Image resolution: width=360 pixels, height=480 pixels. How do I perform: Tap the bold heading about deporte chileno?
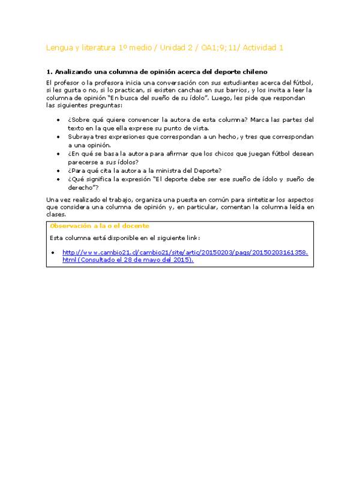point(160,71)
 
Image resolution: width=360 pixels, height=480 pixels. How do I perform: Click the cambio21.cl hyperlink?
point(185,256)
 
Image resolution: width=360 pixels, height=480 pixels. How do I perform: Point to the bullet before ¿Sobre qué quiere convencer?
point(58,120)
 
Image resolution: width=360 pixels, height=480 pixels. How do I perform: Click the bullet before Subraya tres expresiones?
point(58,137)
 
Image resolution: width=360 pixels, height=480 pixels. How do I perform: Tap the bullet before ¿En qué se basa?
point(58,154)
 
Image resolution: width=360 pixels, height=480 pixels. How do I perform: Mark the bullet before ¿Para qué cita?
point(58,170)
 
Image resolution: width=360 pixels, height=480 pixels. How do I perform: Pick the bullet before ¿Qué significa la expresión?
point(58,179)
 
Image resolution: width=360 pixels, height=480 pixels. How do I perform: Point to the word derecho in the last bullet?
point(80,187)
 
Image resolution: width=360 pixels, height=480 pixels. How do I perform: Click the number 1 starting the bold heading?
point(48,71)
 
